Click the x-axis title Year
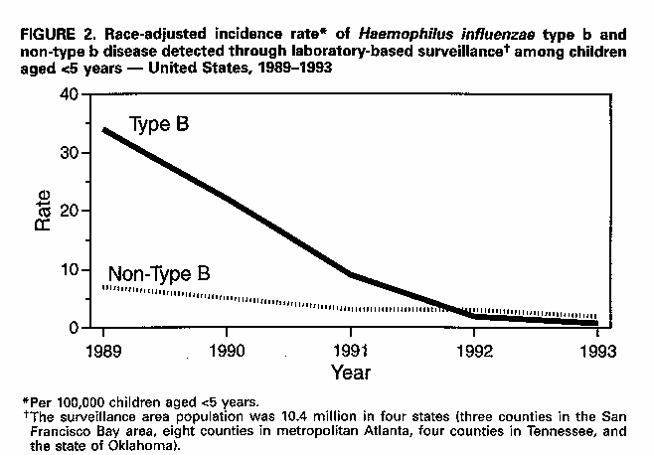click(x=350, y=374)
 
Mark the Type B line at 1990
click(x=228, y=199)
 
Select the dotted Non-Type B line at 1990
click(x=228, y=297)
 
